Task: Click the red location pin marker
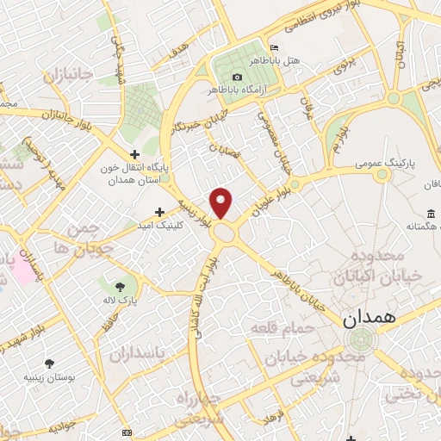point(222,202)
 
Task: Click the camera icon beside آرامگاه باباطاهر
point(237,77)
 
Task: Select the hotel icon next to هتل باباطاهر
point(274,47)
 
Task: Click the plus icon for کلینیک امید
point(159,211)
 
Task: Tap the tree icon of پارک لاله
point(119,286)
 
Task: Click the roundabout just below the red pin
point(226,233)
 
